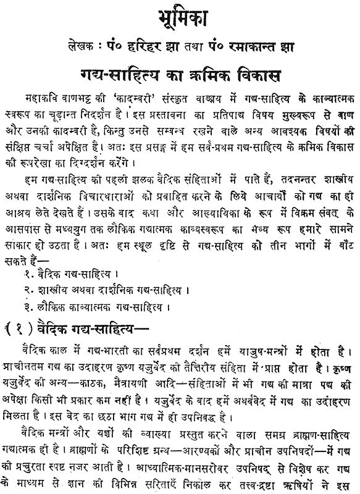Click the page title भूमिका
[x=179, y=15]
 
